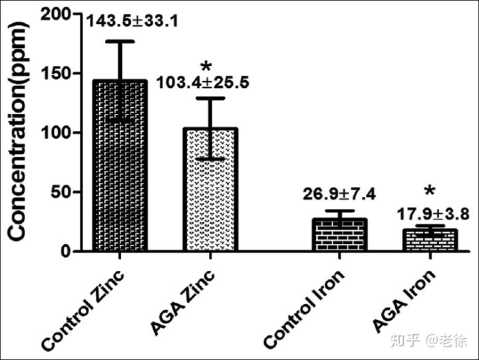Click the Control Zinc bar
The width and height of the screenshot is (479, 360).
pyautogui.click(x=120, y=166)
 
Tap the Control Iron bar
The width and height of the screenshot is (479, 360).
pyautogui.click(x=340, y=235)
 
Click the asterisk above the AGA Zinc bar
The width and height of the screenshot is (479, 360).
pyautogui.click(x=206, y=67)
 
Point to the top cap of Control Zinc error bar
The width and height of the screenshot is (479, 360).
pyautogui.click(x=120, y=41)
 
